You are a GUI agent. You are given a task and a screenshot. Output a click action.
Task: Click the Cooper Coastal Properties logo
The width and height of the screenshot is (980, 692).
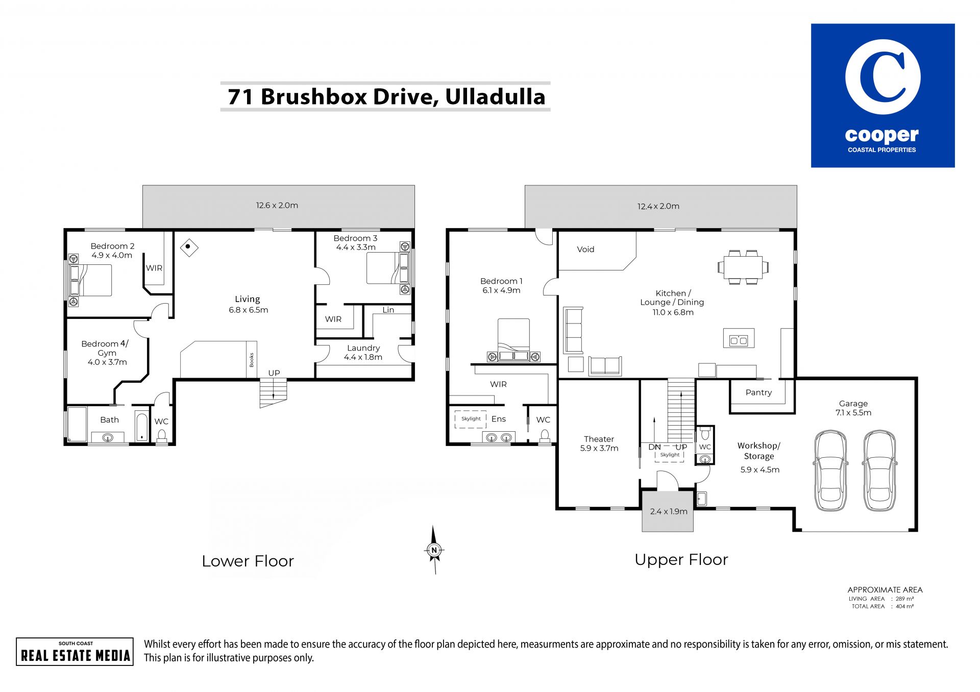[x=883, y=95]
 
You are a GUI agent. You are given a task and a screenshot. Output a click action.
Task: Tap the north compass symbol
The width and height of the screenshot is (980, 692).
[x=434, y=550]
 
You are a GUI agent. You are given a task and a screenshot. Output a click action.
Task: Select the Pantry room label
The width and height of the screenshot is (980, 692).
[x=758, y=392]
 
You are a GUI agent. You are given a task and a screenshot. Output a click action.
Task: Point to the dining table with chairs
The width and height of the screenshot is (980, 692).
[x=743, y=267]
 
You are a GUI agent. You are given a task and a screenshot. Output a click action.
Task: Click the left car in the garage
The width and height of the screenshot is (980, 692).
[x=830, y=471]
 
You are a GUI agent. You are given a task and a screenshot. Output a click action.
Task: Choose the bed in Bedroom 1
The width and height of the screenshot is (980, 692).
[x=513, y=340]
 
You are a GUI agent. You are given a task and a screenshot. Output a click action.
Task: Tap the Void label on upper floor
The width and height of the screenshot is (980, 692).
[x=585, y=250]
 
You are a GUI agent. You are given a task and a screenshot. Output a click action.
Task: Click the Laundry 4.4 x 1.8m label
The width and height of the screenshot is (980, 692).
[x=363, y=353]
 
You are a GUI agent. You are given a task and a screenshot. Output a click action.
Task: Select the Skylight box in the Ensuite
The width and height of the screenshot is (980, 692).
[x=470, y=419]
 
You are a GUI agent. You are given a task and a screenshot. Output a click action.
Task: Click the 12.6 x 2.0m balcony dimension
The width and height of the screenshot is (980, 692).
[x=277, y=205]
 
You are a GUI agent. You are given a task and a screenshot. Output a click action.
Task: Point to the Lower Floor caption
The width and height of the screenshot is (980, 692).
[x=248, y=561]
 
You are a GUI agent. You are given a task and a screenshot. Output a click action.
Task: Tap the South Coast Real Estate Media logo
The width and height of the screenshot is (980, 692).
[x=75, y=652]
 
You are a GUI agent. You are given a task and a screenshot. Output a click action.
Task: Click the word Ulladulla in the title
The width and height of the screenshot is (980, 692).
[x=495, y=96]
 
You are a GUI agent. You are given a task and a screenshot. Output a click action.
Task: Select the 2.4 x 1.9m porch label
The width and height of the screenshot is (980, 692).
[x=669, y=511]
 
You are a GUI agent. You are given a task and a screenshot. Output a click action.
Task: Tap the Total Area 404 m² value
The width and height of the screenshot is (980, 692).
[x=905, y=606]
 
